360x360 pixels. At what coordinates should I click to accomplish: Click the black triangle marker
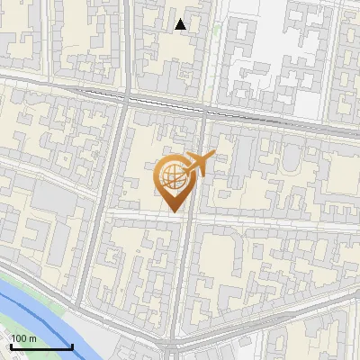181,24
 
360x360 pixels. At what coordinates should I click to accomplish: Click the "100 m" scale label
24,338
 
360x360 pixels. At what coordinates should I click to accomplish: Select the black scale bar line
41,346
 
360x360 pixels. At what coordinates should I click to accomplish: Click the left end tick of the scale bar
12,345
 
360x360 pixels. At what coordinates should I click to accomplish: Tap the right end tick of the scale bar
72,345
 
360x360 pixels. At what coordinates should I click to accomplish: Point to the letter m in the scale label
33,338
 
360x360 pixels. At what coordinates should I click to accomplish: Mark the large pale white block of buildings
270,63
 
